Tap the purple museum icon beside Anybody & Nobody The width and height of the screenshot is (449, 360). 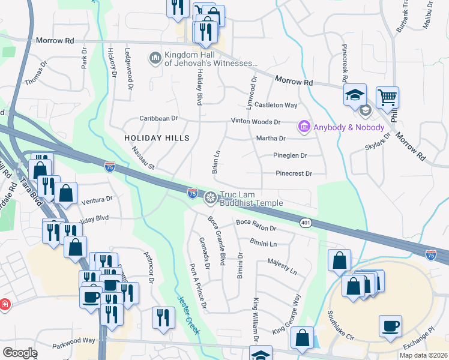pyautogui.click(x=304, y=127)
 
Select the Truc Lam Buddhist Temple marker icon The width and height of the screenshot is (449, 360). pyautogui.click(x=211, y=197)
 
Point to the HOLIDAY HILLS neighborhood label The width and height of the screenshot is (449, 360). pyautogui.click(x=157, y=138)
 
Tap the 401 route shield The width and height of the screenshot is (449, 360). pyautogui.click(x=306, y=223)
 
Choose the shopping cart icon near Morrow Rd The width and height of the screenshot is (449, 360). pyautogui.click(x=387, y=97)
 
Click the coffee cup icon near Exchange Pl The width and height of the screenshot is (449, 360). pyautogui.click(x=390, y=326)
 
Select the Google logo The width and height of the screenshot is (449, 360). pyautogui.click(x=20, y=353)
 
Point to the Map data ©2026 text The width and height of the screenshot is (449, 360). pyautogui.click(x=423, y=355)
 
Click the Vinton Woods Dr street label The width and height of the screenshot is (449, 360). pyautogui.click(x=256, y=122)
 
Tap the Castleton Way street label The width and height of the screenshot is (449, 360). pyautogui.click(x=276, y=105)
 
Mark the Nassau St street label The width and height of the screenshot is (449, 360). pyautogui.click(x=143, y=158)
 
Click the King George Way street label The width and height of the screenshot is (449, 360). pyautogui.click(x=286, y=314)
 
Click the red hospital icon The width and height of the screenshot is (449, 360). pyautogui.click(x=4, y=304)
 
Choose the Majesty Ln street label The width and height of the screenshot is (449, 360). pyautogui.click(x=282, y=267)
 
